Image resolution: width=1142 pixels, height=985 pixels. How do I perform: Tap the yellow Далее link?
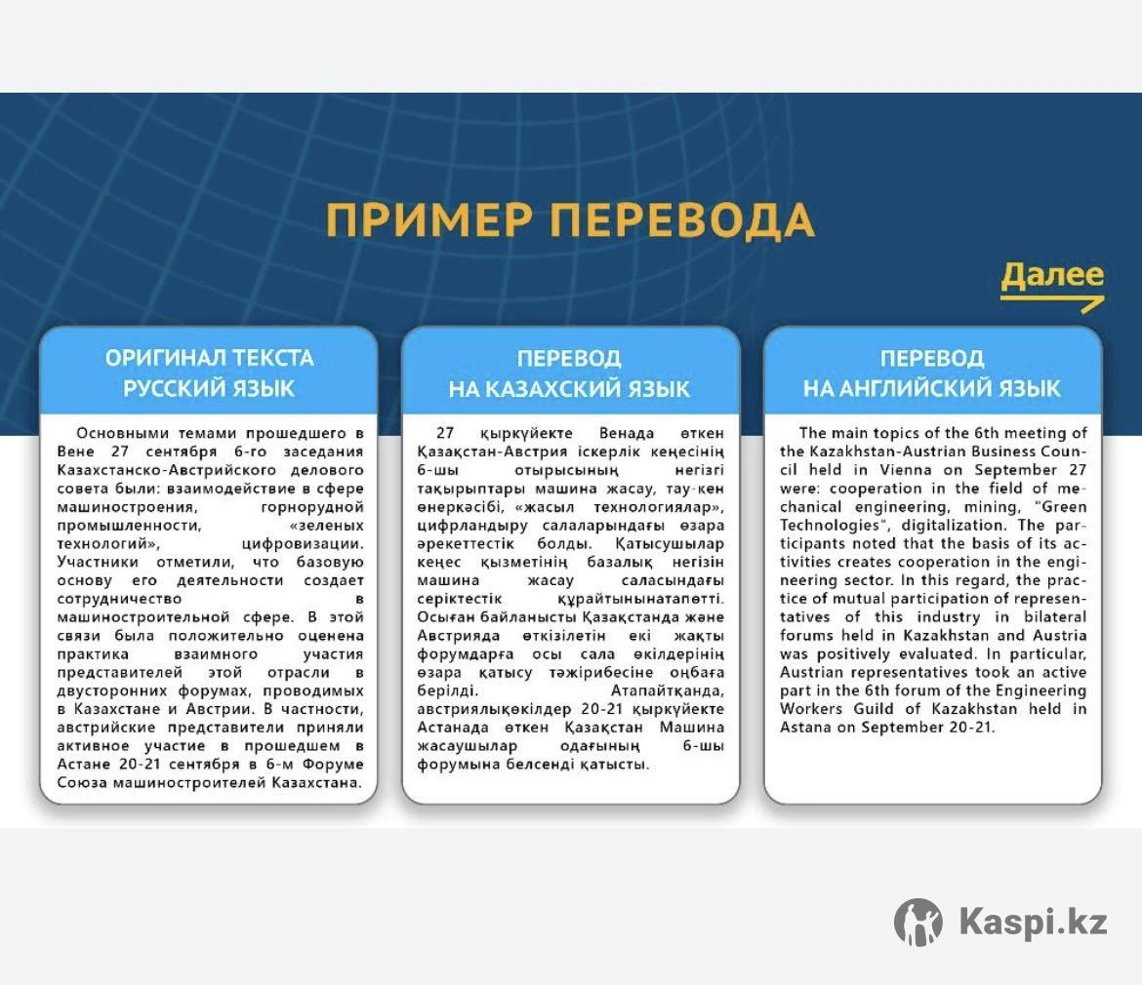click(1051, 276)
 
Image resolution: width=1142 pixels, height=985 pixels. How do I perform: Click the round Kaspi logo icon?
click(918, 922)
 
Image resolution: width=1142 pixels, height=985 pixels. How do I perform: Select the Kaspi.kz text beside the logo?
click(1034, 922)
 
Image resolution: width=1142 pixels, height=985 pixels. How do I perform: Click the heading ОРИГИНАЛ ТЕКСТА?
click(209, 358)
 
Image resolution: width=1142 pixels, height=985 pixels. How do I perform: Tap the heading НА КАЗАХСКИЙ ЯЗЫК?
click(569, 389)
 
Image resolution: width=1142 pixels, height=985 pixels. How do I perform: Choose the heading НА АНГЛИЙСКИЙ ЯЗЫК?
click(931, 388)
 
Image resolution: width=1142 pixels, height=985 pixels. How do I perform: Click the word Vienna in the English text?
click(905, 470)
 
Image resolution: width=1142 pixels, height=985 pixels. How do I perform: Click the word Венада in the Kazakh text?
click(627, 434)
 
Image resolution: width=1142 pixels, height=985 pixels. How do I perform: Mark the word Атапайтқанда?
click(667, 690)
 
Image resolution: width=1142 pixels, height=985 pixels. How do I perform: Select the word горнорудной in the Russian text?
click(311, 507)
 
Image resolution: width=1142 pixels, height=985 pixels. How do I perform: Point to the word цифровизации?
click(303, 543)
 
